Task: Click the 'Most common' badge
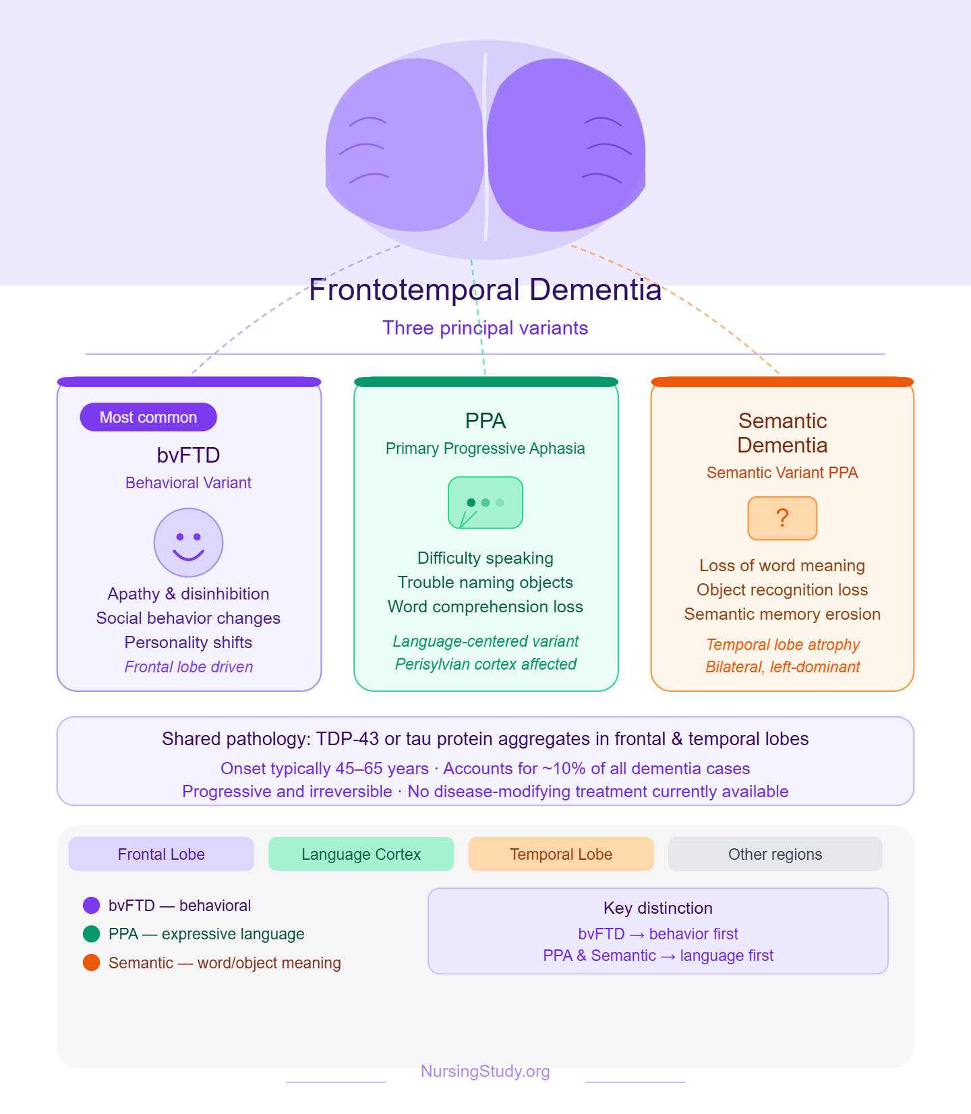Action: pos(148,417)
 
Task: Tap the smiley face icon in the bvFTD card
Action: pos(188,543)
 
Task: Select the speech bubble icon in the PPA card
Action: pos(486,503)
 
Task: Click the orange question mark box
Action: pos(782,519)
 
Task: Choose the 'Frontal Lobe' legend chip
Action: pos(161,854)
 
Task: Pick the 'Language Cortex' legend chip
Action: pos(361,854)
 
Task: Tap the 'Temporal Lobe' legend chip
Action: pos(560,854)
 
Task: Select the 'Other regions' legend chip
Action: pos(775,854)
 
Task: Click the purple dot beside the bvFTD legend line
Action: pos(91,905)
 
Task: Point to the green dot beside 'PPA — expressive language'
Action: pos(91,934)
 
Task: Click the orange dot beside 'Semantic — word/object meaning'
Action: pos(91,963)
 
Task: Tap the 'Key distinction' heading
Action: pos(657,908)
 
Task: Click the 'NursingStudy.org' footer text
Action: pos(485,1072)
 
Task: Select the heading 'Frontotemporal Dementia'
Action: pos(485,290)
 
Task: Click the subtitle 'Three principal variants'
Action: pos(485,328)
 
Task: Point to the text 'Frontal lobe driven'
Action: pos(189,667)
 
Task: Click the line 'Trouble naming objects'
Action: pos(485,583)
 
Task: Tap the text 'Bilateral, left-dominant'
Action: pos(782,667)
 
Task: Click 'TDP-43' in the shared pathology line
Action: pos(347,739)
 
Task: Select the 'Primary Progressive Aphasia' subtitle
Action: pos(485,448)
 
